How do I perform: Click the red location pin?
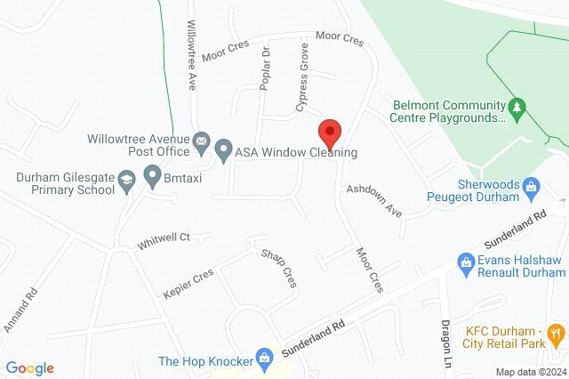[x=330, y=133]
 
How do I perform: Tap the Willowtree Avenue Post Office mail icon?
[x=202, y=141]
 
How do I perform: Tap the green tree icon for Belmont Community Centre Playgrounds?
[x=517, y=107]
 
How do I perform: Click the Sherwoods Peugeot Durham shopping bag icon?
[x=531, y=186]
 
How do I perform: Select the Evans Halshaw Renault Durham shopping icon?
[x=464, y=262]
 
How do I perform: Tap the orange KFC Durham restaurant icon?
[x=556, y=334]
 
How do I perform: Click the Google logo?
[x=29, y=368]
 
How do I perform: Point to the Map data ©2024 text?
[x=530, y=372]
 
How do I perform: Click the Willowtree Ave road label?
[x=191, y=55]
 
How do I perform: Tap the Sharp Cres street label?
[x=277, y=268]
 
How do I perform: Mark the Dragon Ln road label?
[x=446, y=336]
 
